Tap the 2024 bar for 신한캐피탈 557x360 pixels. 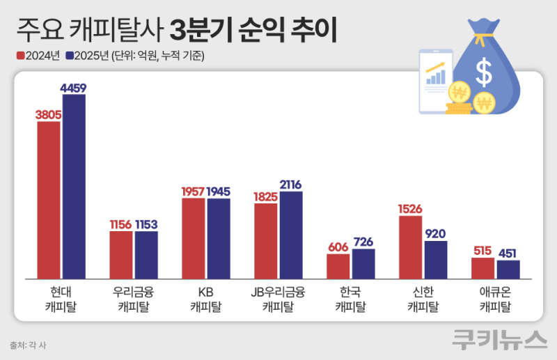[411, 247]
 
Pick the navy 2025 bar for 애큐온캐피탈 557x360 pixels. [508, 269]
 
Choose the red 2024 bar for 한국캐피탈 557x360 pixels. [338, 266]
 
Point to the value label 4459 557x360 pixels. [74, 88]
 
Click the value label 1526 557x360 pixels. [411, 209]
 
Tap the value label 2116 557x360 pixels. [291, 185]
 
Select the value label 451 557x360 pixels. [508, 253]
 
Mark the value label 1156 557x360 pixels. [121, 224]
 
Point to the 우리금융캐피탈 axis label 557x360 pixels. [134, 298]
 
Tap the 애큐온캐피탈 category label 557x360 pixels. [496, 298]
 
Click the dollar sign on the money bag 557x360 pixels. [483, 71]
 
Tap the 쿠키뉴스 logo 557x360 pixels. [499, 339]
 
